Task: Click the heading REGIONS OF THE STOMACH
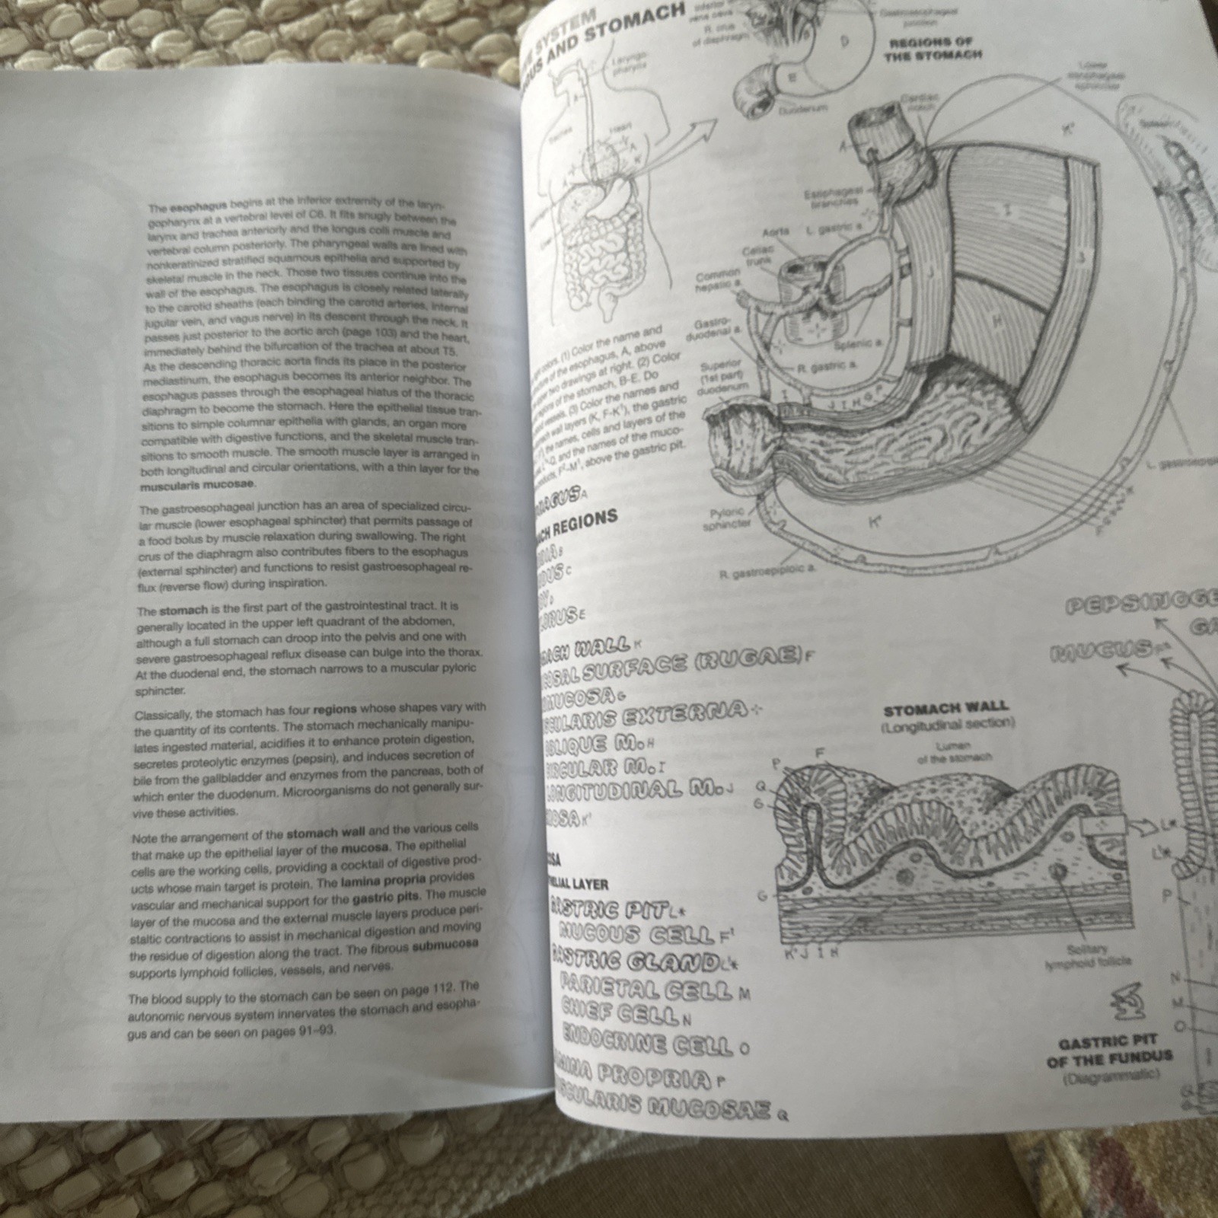936,49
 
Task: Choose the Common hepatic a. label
718,278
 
